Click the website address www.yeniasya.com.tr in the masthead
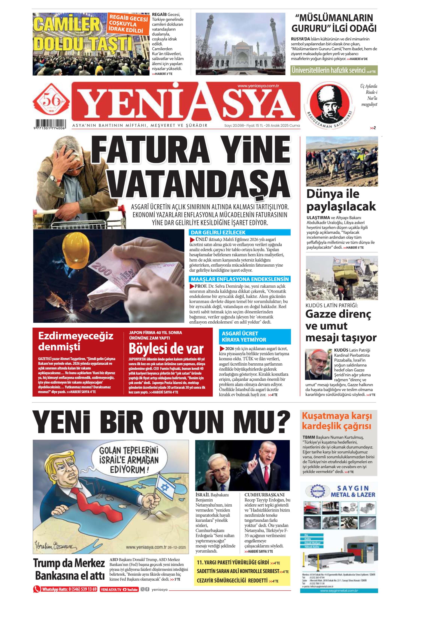pos(258,86)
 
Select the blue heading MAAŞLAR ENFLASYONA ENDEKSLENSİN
pos(239,279)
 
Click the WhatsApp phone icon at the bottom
pos(37,589)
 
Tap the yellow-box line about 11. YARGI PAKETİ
pos(233,562)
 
